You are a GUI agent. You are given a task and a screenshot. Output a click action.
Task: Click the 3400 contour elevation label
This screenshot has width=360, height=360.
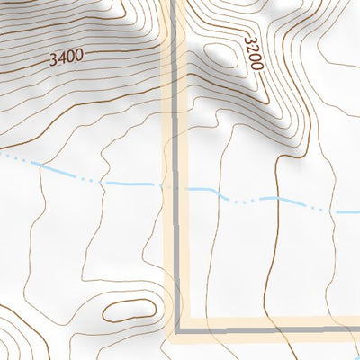tap(67, 58)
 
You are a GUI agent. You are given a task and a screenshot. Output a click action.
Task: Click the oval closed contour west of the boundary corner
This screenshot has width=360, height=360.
tap(129, 311)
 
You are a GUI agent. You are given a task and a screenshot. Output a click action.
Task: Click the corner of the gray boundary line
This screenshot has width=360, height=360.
tap(177, 329)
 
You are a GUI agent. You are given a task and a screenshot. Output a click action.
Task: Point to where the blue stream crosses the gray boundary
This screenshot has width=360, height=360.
tap(172, 187)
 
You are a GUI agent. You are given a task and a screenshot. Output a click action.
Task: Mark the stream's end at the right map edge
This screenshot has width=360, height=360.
tap(358, 212)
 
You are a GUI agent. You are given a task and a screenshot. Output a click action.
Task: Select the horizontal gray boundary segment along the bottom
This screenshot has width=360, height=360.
tap(270, 329)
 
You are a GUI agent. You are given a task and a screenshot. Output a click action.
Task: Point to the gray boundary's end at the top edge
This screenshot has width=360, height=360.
tap(167, 2)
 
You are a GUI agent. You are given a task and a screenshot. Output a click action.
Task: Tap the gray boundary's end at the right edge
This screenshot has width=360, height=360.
tap(358, 329)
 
